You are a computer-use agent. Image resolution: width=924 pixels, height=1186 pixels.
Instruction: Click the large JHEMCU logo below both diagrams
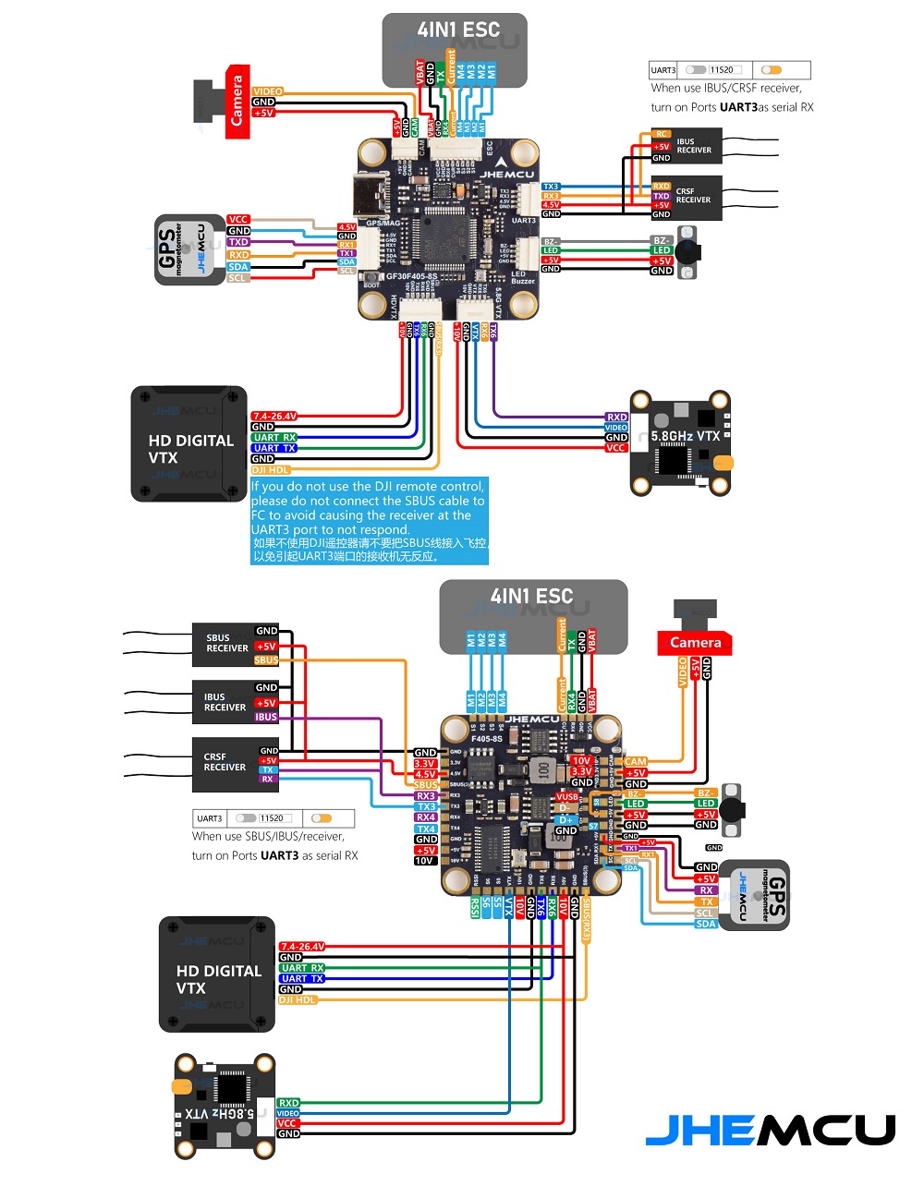point(770,1130)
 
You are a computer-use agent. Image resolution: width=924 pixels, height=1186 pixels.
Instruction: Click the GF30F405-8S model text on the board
point(412,275)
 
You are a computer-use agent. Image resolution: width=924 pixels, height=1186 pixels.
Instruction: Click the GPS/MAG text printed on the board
point(383,223)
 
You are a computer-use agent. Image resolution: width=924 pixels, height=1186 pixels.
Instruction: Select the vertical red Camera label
point(237,102)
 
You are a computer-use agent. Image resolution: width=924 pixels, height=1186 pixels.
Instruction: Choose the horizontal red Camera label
point(695,643)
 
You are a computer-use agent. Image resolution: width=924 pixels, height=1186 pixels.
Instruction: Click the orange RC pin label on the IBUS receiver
point(662,134)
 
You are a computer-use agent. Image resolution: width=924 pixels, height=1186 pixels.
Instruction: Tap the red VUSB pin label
point(566,797)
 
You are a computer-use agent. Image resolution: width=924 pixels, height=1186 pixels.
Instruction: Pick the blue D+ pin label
point(565,819)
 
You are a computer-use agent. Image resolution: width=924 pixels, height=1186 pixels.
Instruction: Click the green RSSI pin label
point(475,906)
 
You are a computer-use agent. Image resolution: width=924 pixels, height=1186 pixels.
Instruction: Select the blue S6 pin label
point(486,904)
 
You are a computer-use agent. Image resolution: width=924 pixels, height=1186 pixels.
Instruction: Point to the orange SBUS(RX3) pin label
point(586,920)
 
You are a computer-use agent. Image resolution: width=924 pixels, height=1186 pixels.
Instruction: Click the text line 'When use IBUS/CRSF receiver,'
point(726,89)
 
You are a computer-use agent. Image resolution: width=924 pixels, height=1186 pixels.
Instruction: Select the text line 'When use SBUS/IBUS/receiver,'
point(268,837)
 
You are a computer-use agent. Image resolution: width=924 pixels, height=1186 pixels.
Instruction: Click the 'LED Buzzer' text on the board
point(523,277)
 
